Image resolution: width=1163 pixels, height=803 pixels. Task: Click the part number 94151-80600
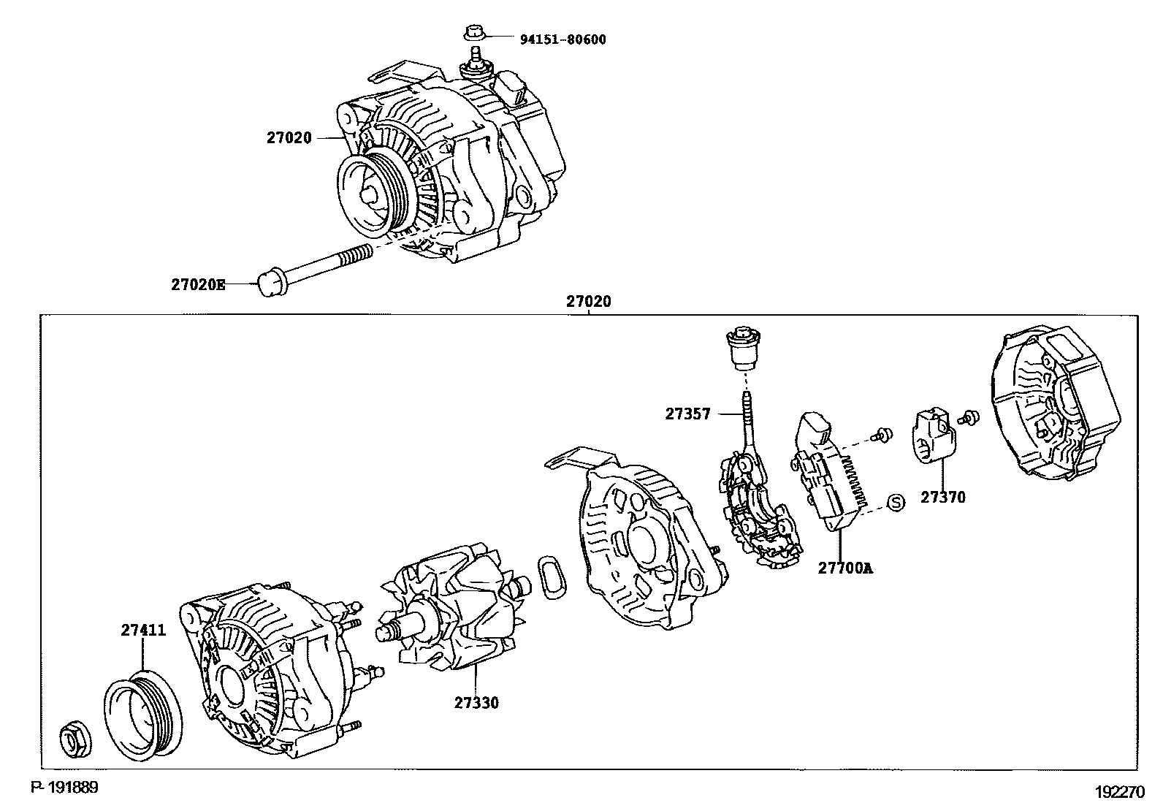[x=563, y=39]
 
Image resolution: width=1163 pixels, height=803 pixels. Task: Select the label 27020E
[x=198, y=286]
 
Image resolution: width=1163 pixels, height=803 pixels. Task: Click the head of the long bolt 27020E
[x=269, y=283]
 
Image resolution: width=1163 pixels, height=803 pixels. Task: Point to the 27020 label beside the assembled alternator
[x=289, y=137]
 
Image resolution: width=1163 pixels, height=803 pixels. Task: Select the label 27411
[x=143, y=631]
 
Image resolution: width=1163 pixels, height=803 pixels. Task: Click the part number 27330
[x=476, y=703]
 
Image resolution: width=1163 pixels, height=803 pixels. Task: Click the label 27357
[x=687, y=414]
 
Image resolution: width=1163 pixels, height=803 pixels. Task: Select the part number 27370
[x=942, y=498]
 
